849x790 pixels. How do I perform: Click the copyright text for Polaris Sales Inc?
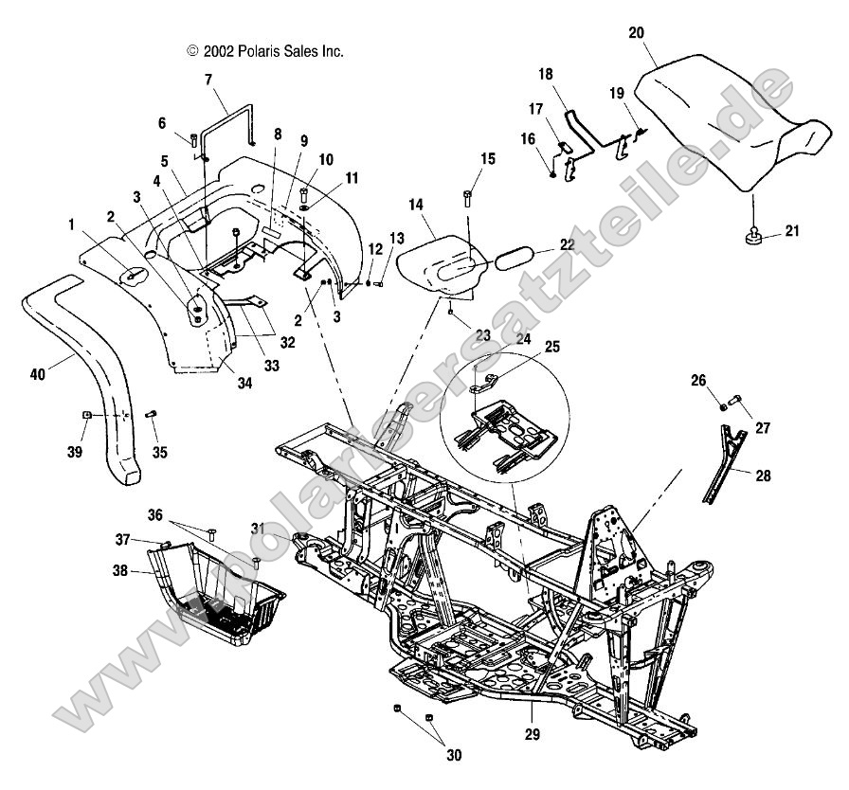coord(265,52)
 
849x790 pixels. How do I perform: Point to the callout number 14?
coord(417,204)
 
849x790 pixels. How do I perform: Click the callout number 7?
coord(208,81)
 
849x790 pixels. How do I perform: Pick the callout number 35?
coord(159,454)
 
